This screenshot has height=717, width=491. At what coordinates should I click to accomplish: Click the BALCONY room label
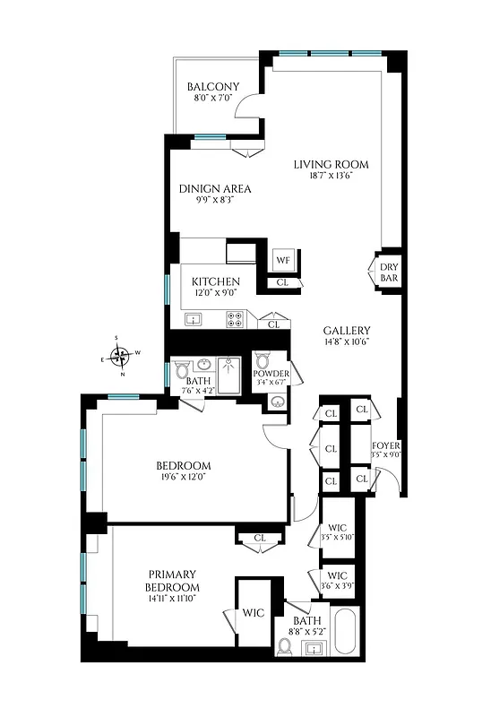pos(212,87)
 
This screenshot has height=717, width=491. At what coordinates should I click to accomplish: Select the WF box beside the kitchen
pos(283,260)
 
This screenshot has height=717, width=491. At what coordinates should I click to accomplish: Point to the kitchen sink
pos(193,318)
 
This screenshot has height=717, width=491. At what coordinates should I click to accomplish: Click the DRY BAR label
pos(388,272)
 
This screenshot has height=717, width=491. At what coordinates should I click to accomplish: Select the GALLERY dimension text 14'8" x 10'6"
pos(347,341)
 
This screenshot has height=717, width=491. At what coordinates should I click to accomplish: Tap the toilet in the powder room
pos(261,361)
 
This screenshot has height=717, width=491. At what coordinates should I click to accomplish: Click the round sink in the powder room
pos(275,402)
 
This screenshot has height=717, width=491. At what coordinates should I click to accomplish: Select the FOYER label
pos(386,445)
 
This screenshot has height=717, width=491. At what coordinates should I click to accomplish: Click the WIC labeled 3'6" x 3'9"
pos(337,581)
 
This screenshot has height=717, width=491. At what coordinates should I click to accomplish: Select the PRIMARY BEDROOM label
pos(172,580)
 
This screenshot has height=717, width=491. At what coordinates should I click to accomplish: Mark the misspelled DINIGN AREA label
pos(214,189)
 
